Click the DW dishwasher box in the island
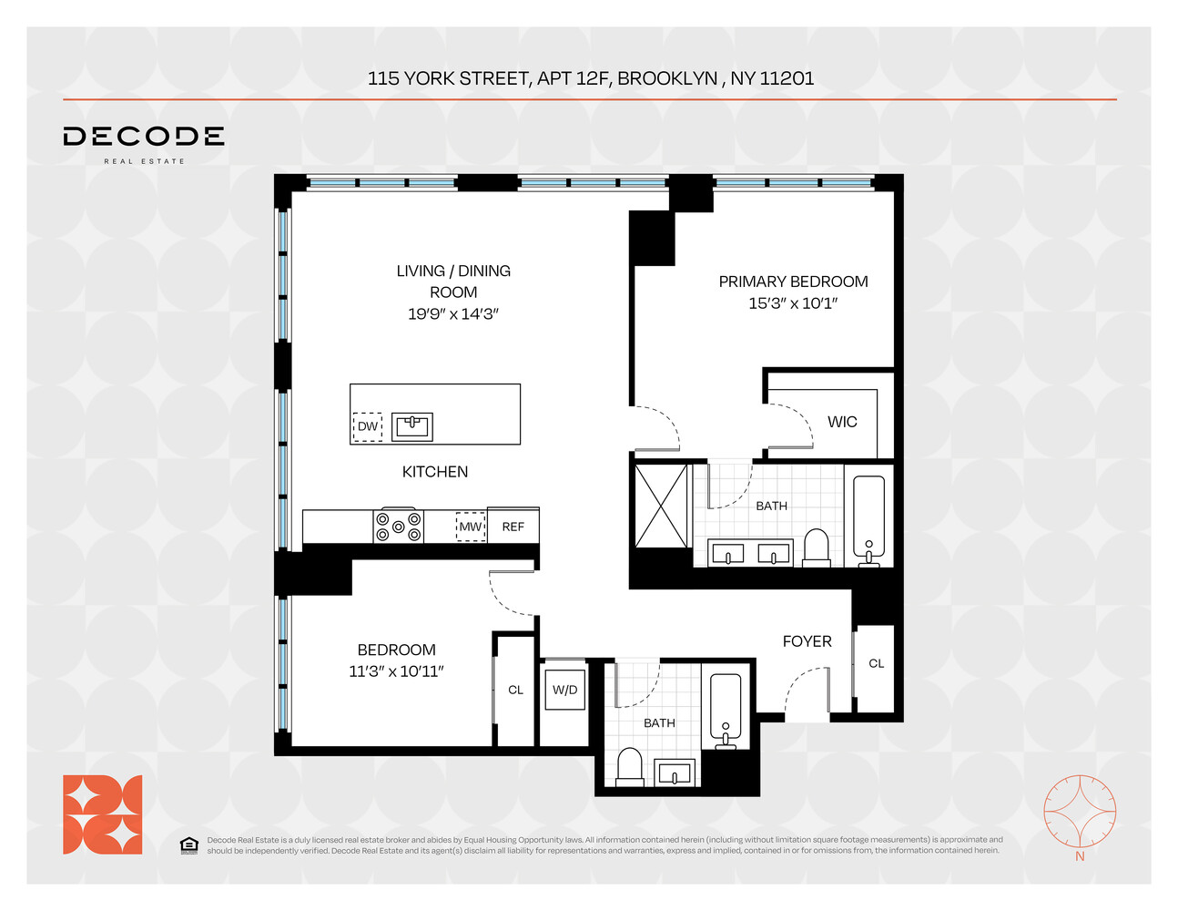coord(367,426)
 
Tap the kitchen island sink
coord(411,426)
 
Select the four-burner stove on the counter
coord(399,527)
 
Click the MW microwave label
coord(471,527)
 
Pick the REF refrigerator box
coord(513,527)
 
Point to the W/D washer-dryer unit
coord(564,691)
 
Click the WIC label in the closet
coord(842,422)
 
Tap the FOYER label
coord(807,641)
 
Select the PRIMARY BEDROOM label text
coord(793,281)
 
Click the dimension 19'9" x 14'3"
coord(452,314)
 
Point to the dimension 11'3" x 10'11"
coord(396,671)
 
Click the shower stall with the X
coord(662,506)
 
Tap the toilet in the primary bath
coord(817,548)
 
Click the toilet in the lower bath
coord(630,767)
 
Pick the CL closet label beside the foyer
coord(876,664)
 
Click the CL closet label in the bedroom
coord(515,691)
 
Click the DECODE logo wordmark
coord(144,137)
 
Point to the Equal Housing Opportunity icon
coord(188,845)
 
